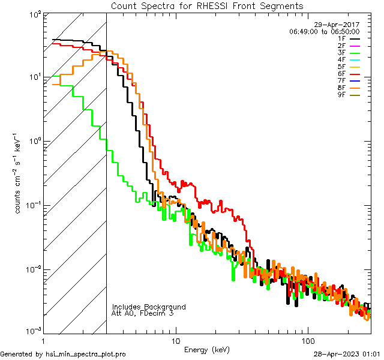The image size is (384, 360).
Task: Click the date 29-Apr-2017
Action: [339, 25]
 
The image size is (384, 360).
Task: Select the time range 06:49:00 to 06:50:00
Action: [324, 31]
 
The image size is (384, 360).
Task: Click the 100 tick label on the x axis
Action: [307, 340]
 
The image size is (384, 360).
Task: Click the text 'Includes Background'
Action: [149, 307]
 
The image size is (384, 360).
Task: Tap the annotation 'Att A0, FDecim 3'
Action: [143, 313]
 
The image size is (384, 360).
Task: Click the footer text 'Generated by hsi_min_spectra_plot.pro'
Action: [63, 354]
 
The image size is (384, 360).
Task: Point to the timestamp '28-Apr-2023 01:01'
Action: [347, 354]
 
